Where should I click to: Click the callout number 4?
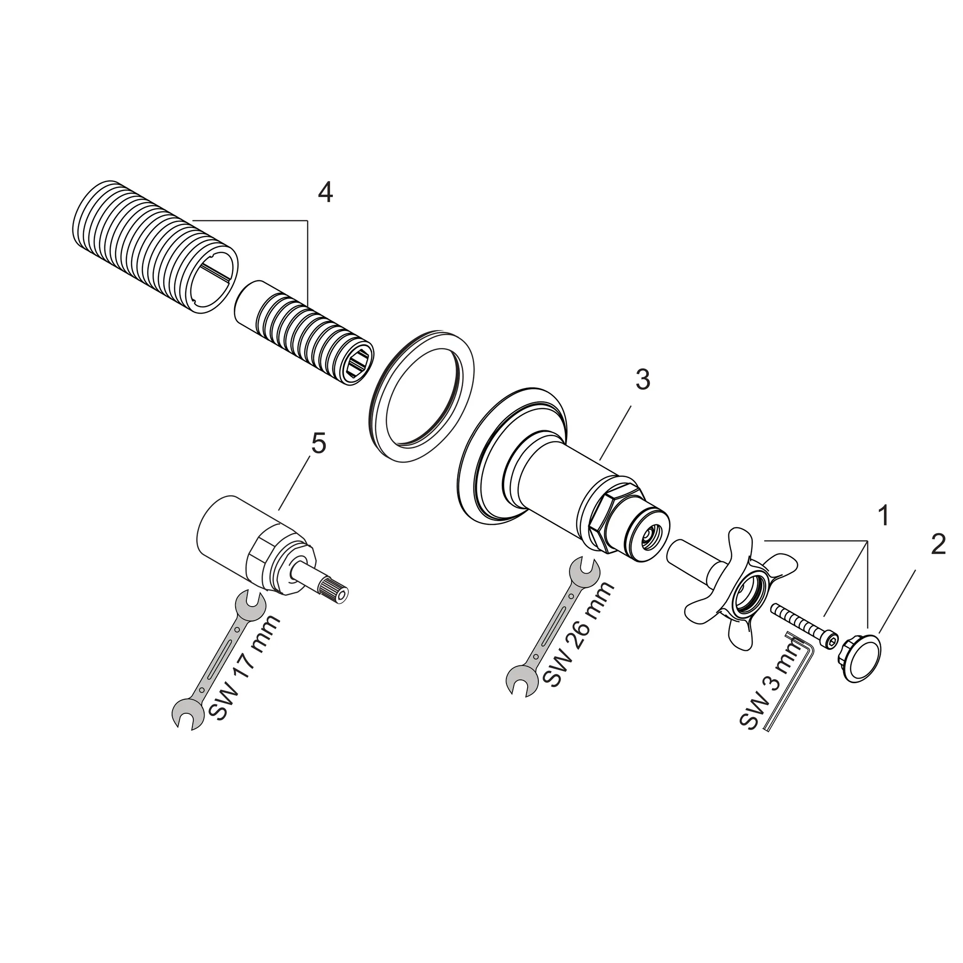(325, 192)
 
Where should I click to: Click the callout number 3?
(642, 380)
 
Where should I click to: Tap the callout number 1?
(884, 516)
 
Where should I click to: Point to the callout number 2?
(938, 545)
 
